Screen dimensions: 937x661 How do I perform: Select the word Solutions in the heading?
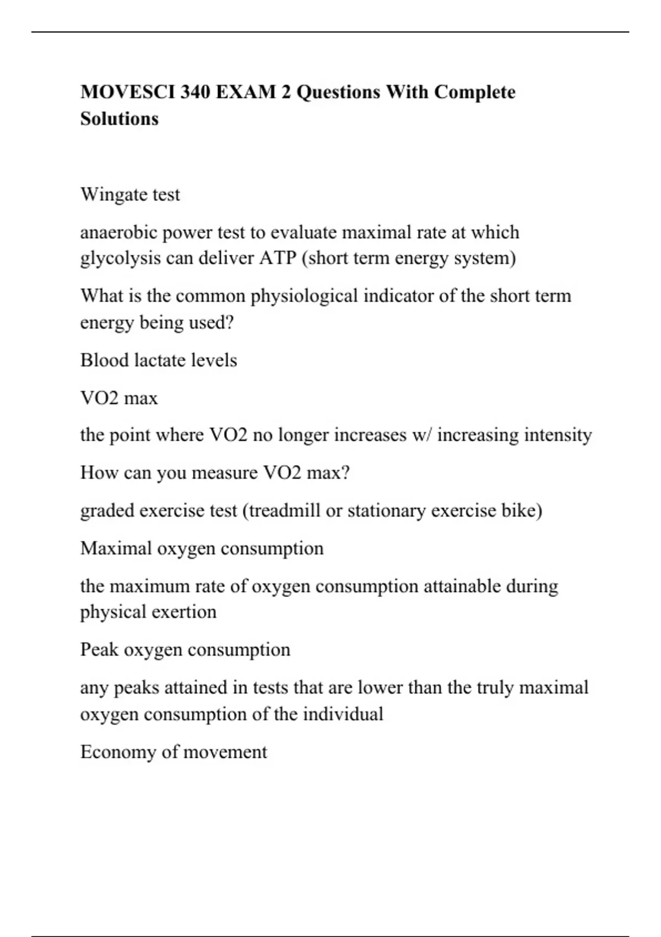(120, 119)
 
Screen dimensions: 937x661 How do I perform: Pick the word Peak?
(99, 649)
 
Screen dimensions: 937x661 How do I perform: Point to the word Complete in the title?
(475, 92)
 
